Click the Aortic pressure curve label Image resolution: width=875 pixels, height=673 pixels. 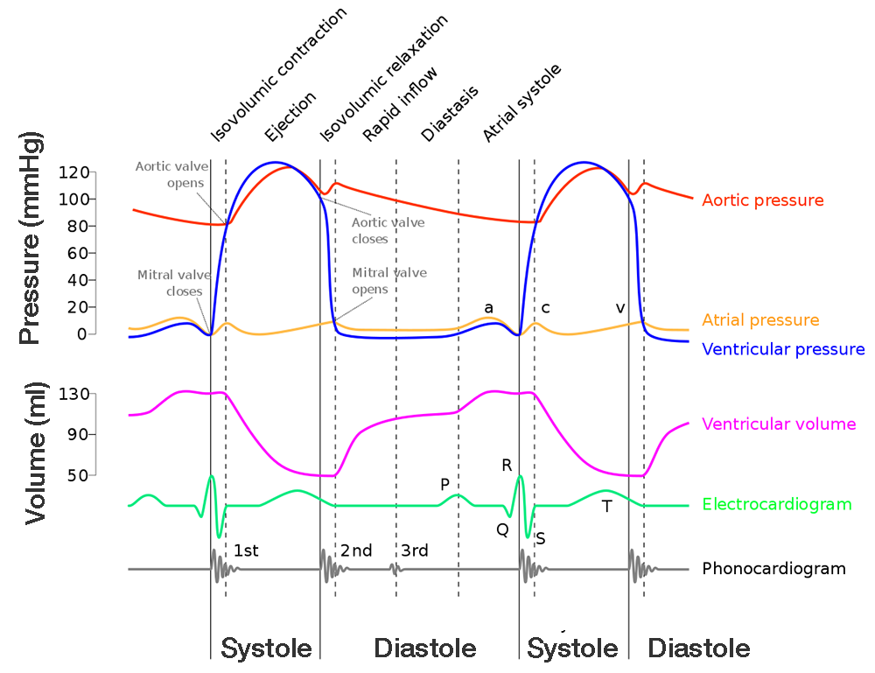762,200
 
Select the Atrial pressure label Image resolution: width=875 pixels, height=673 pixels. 759,320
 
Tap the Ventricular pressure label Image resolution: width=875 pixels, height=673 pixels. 783,350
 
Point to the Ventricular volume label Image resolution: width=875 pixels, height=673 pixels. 778,424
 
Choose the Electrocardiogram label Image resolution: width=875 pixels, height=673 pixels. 776,504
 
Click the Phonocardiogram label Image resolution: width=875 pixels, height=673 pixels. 773,569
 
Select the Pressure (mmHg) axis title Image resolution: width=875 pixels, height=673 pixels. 31,239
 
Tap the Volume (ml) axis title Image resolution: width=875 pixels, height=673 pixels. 35,453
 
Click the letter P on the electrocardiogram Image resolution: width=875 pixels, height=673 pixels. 444,484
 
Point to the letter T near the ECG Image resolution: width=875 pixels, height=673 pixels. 606,505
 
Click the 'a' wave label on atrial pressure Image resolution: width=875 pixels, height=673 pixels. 488,307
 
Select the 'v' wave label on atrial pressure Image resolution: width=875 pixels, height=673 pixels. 620,308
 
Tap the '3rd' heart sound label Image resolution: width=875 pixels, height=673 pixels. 415,550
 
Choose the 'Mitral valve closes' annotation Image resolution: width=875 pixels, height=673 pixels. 170,283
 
